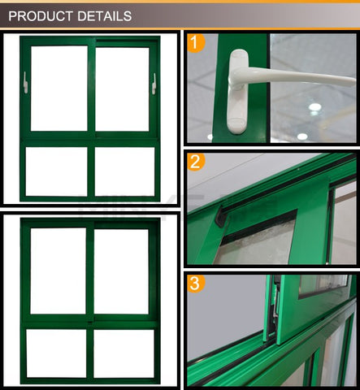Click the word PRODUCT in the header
click(x=41, y=16)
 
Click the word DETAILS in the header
click(x=105, y=16)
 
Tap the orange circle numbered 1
click(x=196, y=42)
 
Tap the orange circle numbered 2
click(x=196, y=162)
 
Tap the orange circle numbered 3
click(x=196, y=284)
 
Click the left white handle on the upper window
click(x=25, y=83)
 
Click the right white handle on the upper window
click(x=154, y=84)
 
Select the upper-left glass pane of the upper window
click(x=59, y=89)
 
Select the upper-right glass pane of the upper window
click(x=122, y=89)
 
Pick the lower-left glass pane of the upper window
click(x=57, y=171)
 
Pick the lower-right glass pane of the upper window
click(x=124, y=171)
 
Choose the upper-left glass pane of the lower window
click(x=59, y=271)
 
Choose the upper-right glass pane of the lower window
click(x=121, y=271)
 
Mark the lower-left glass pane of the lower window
click(x=56, y=353)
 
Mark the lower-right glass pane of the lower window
click(x=124, y=353)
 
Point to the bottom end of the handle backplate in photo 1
click(x=236, y=132)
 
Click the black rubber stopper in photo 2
click(x=220, y=216)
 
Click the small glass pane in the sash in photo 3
click(x=323, y=286)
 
